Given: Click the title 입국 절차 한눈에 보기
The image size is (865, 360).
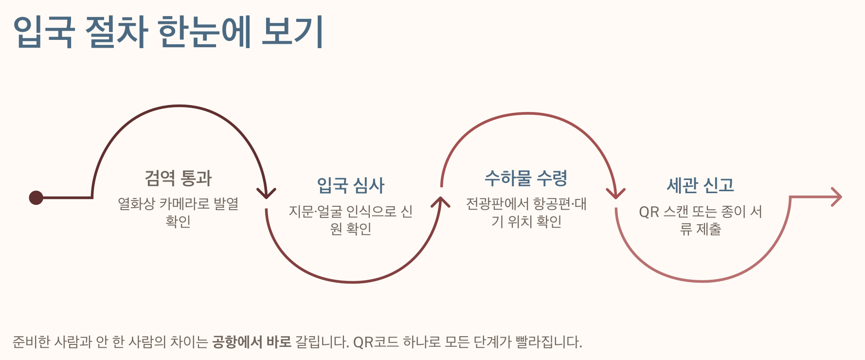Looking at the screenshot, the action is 168,32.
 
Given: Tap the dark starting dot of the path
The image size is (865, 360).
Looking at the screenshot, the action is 36,198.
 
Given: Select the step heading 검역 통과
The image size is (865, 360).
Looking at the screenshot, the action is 178,178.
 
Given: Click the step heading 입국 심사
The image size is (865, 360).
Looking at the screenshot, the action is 351,185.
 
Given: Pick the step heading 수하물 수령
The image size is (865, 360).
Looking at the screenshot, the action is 526,178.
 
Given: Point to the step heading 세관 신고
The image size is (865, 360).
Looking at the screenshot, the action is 701,185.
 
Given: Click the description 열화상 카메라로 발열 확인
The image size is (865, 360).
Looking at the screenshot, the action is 178,212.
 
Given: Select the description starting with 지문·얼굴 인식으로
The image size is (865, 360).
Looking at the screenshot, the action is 351,219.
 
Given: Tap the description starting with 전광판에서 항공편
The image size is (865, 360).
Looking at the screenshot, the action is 526,212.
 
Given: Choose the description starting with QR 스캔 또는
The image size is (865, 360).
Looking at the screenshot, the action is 701,219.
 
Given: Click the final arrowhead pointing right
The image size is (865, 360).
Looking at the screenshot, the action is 836,197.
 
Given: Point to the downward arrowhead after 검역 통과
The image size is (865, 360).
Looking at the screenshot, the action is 266,194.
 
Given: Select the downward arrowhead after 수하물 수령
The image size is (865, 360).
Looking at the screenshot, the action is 616,194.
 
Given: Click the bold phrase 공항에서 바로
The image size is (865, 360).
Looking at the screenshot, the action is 252,342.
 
